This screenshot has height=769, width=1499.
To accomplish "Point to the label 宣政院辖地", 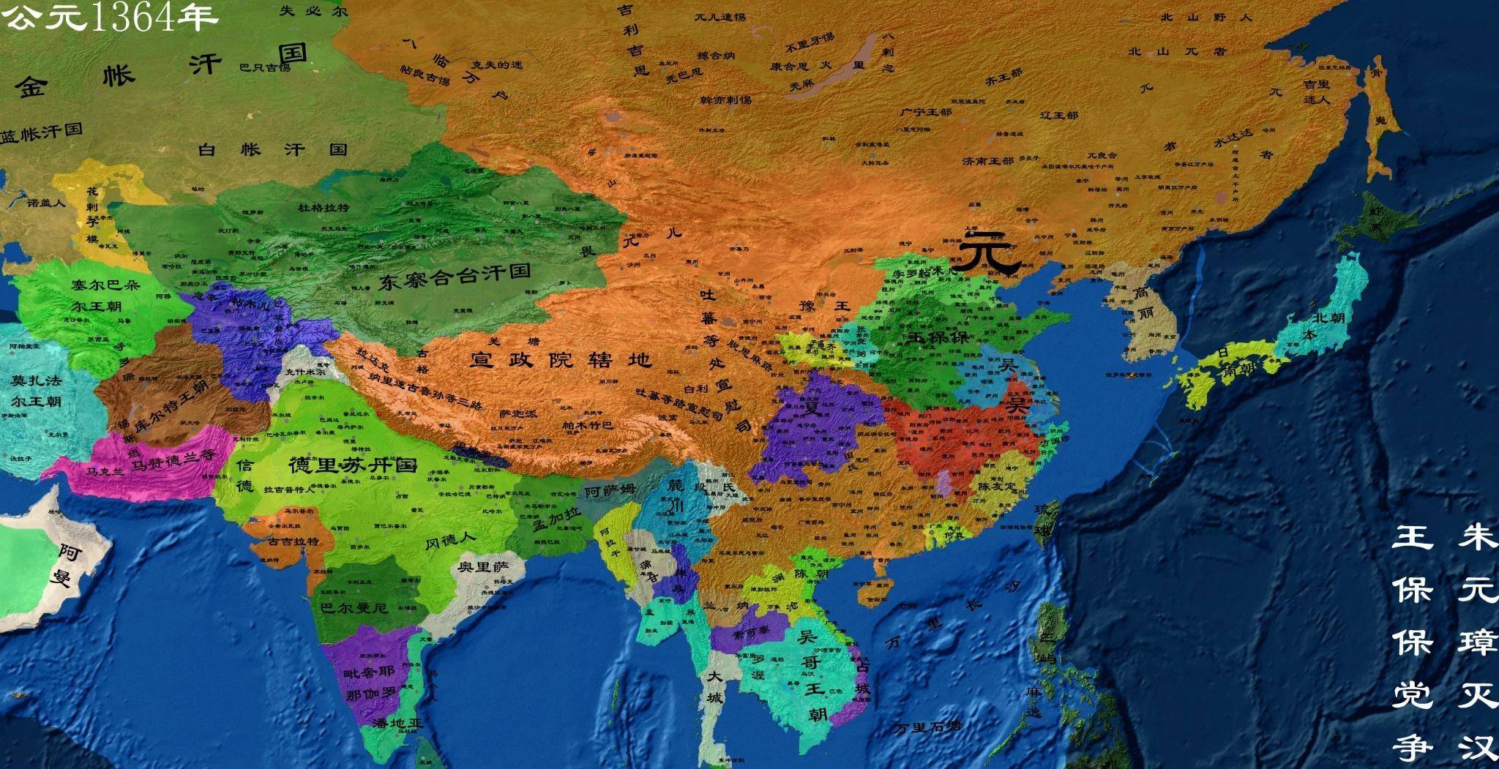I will pos(560,359).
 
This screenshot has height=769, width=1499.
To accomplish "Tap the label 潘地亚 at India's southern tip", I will pos(397,724).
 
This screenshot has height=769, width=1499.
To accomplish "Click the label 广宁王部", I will pos(926,113).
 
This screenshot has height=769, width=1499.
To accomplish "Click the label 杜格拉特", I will pos(323,208).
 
